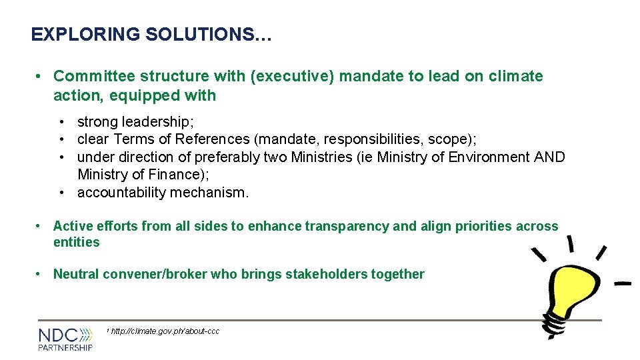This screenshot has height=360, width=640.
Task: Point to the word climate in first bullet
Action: click(515, 76)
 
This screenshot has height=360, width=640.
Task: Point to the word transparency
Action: click(347, 226)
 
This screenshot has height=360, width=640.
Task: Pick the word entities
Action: click(76, 242)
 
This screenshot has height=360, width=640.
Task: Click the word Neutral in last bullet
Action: click(76, 274)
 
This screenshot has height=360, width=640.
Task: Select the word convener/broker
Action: click(155, 274)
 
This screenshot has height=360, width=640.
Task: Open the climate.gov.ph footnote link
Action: click(165, 331)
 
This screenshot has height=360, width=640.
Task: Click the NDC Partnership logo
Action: click(65, 339)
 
